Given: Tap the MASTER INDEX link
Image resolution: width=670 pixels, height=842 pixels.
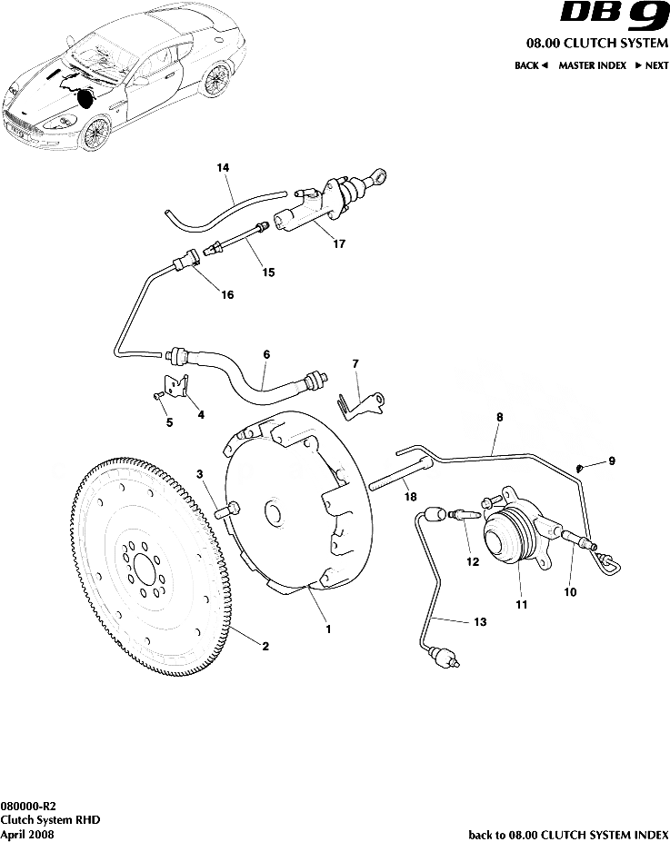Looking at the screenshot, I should coord(591,65).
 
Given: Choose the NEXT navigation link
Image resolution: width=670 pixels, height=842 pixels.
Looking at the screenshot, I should coord(652,65).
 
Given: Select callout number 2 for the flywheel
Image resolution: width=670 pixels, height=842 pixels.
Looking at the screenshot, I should coord(265,647).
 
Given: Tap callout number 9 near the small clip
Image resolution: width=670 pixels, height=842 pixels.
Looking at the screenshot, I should coord(611,461).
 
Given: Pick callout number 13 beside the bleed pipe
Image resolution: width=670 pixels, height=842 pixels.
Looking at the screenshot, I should coord(480,622).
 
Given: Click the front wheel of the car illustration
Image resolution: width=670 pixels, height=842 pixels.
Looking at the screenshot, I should coord(94,133).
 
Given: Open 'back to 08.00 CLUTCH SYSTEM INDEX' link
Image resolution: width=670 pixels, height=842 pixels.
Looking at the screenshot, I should coord(567,833).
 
